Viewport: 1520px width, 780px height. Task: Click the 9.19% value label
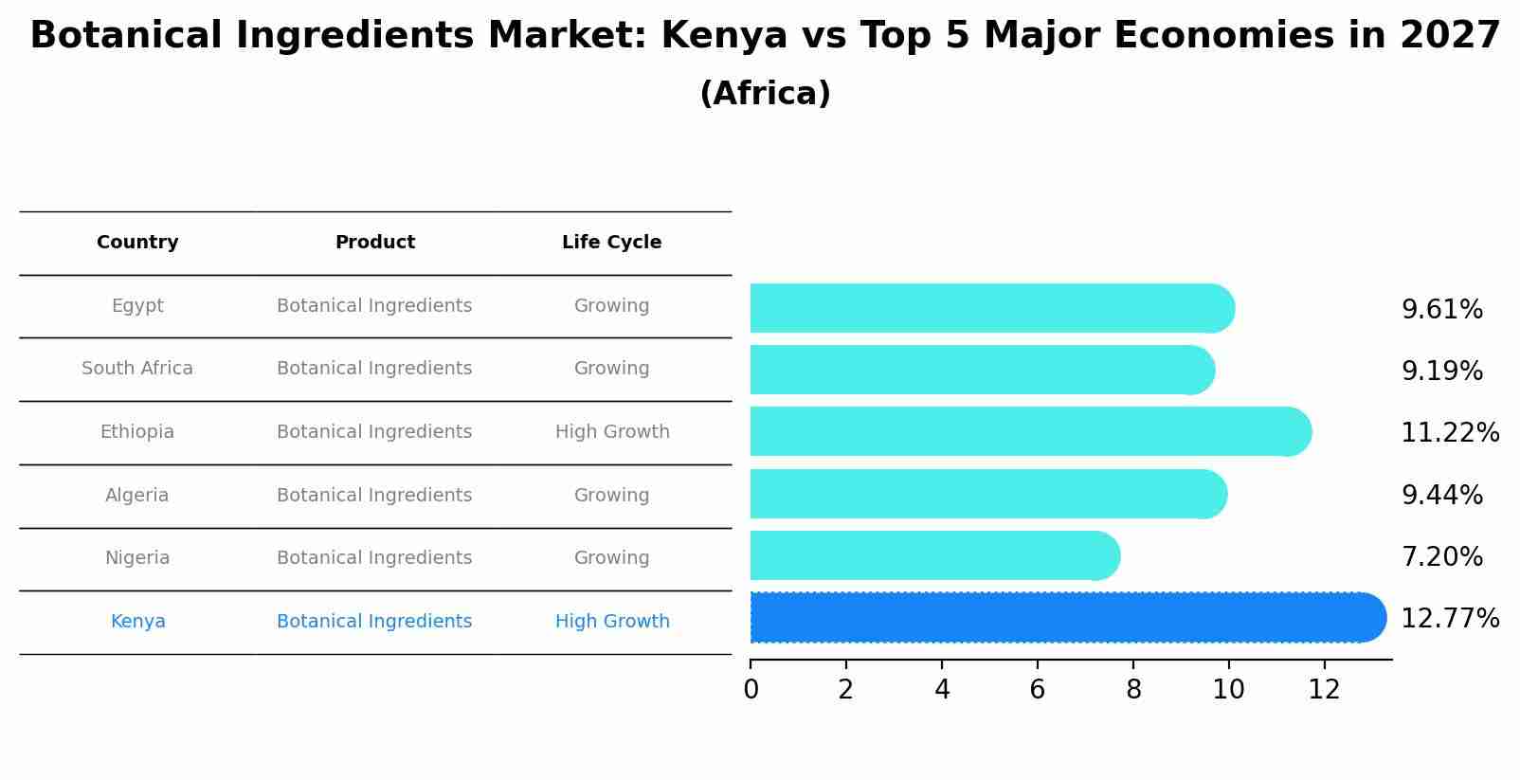[x=1441, y=372]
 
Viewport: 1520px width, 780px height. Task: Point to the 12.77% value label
[x=1449, y=619]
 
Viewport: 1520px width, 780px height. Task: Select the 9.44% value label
[x=1441, y=496]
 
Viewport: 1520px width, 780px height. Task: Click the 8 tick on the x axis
[x=1133, y=690]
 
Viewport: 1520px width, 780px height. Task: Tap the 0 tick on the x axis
[x=751, y=690]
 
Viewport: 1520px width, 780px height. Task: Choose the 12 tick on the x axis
[x=1324, y=690]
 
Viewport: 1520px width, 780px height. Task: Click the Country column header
[x=137, y=243]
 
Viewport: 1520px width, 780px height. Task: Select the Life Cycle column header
[x=611, y=243]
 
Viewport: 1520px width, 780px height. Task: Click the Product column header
[x=375, y=243]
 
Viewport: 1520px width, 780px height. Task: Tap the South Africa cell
[x=137, y=369]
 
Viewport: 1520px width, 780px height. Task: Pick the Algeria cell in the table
[x=137, y=496]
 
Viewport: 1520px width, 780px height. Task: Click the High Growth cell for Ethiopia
[x=612, y=432]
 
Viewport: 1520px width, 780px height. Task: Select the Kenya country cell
[x=137, y=622]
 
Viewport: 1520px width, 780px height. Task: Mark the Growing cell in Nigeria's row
[x=611, y=558]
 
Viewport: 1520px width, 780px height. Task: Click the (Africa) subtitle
[x=765, y=94]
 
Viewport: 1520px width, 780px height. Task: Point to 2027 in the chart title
[x=1449, y=36]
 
